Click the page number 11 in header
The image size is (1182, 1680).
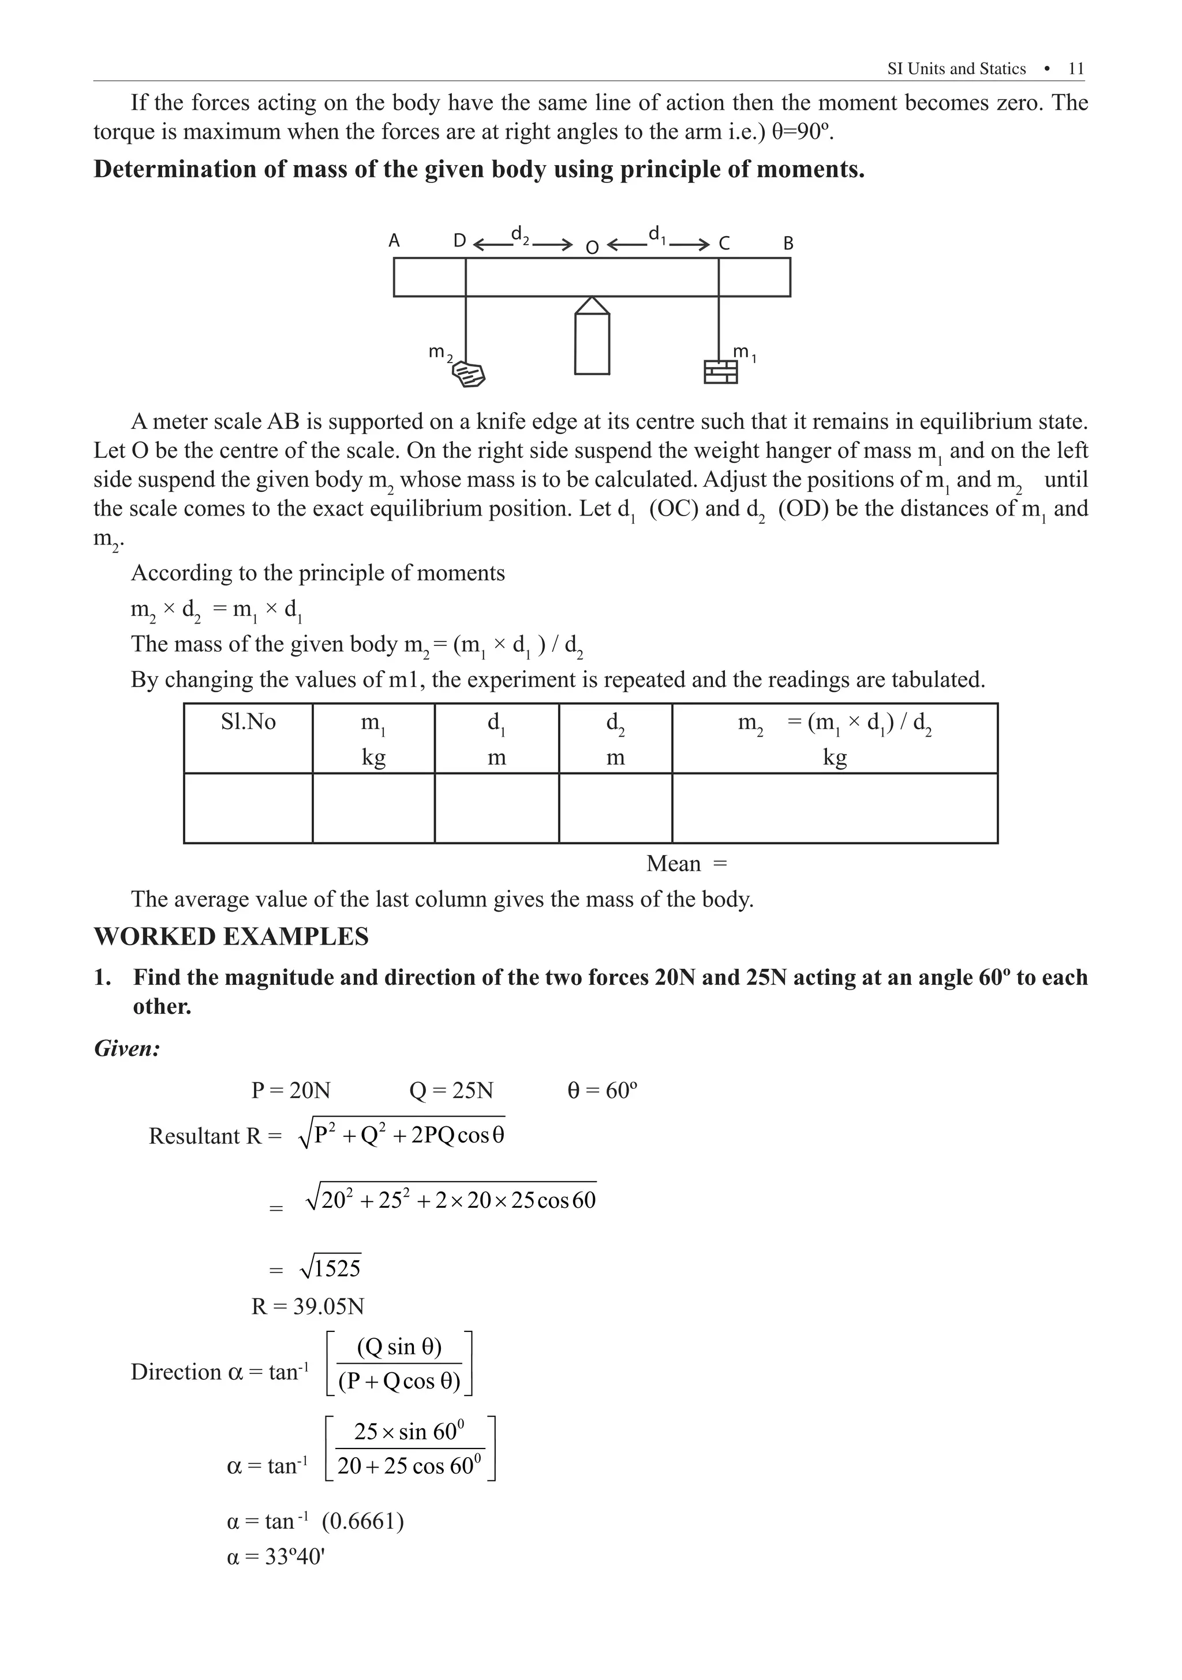1075,69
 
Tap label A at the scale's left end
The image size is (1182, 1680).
394,241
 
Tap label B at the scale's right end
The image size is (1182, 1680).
788,243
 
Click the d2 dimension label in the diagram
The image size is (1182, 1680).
520,234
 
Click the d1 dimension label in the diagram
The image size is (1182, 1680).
657,234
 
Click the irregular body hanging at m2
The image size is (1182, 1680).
469,375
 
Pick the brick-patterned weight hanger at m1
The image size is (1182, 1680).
720,372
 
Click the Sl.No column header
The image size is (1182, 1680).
248,722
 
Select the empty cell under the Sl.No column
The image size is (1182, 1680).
248,808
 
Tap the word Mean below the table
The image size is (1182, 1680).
673,864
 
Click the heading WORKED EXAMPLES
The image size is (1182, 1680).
231,936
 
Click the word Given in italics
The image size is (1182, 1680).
128,1048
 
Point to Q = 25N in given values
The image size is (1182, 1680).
451,1091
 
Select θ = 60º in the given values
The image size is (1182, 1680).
602,1091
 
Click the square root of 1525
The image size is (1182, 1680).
331,1268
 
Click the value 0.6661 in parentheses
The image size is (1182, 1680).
363,1521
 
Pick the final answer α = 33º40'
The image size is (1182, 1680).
276,1556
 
